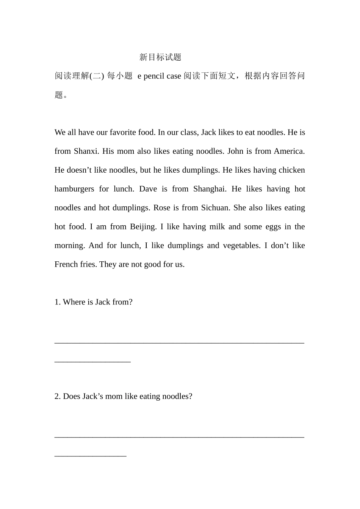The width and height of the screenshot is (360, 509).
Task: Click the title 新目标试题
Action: tap(160, 57)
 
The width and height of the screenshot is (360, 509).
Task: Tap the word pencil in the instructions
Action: tap(154, 76)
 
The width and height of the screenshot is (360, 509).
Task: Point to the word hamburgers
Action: tap(74, 189)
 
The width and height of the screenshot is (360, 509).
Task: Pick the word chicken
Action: tap(291, 170)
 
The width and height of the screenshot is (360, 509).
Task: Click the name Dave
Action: tap(148, 189)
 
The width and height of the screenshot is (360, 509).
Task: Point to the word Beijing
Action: tap(143, 227)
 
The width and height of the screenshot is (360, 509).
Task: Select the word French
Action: tap(66, 264)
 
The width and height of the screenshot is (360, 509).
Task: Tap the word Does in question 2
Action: tap(71, 397)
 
